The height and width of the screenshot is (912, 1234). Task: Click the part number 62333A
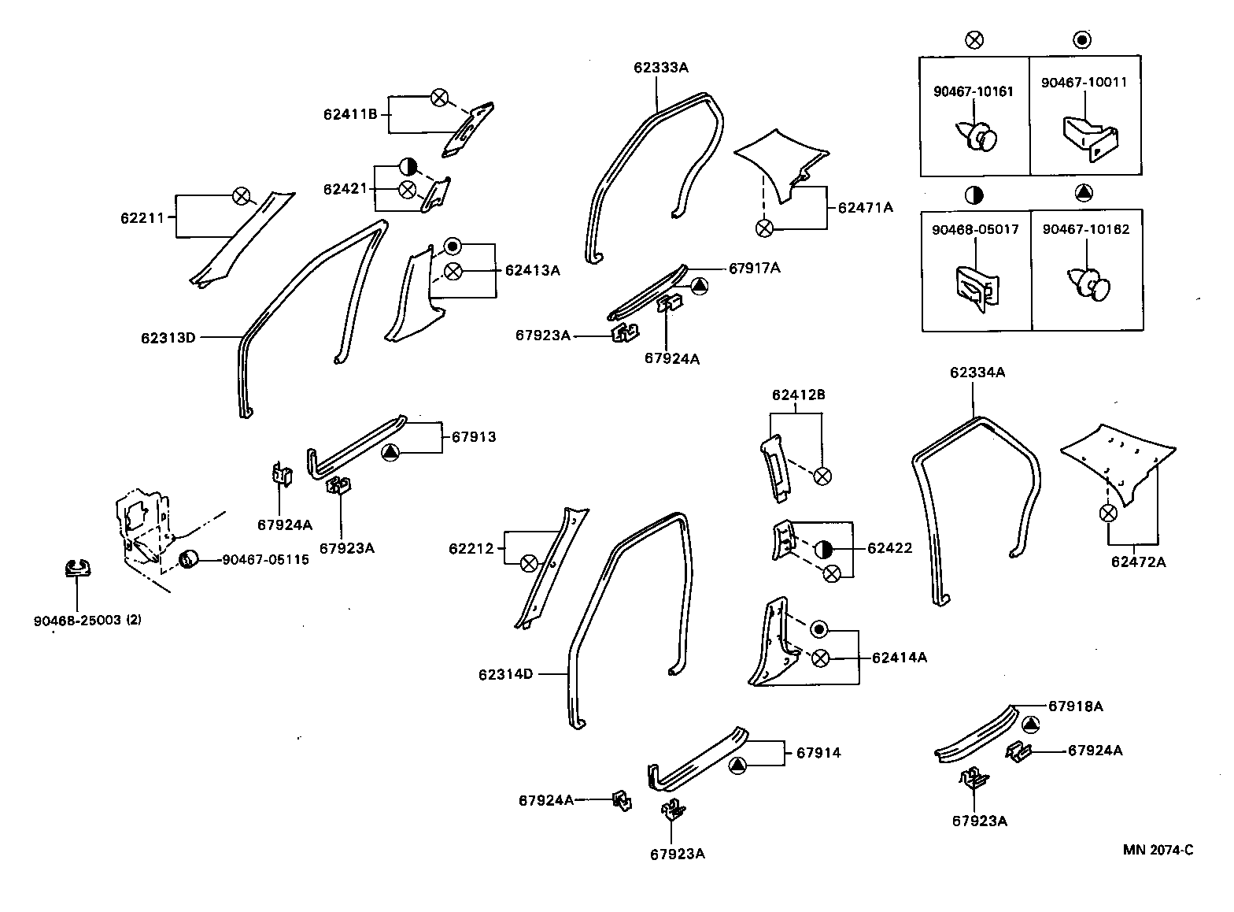click(x=660, y=68)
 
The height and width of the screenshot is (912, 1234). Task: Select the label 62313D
click(x=168, y=338)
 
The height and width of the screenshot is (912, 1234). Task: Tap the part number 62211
click(x=142, y=217)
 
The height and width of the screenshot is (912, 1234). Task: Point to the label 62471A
click(x=865, y=208)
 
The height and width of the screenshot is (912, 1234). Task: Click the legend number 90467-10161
click(x=973, y=91)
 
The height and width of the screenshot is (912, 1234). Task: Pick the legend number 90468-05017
click(x=974, y=230)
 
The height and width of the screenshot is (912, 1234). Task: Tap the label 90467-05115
click(x=265, y=559)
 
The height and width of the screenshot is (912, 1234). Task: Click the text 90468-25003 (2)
click(x=87, y=620)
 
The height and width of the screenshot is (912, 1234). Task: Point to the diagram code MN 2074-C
click(x=1158, y=850)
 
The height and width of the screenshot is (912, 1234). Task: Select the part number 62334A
click(x=977, y=373)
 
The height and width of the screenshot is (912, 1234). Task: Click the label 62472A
click(x=1138, y=562)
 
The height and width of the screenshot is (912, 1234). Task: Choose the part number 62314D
click(x=505, y=674)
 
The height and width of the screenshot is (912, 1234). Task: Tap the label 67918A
click(x=1075, y=706)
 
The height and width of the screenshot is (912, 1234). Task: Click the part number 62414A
click(x=899, y=657)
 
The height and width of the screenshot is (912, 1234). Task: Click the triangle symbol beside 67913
click(x=391, y=452)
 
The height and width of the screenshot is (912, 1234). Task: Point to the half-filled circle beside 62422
click(x=823, y=549)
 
